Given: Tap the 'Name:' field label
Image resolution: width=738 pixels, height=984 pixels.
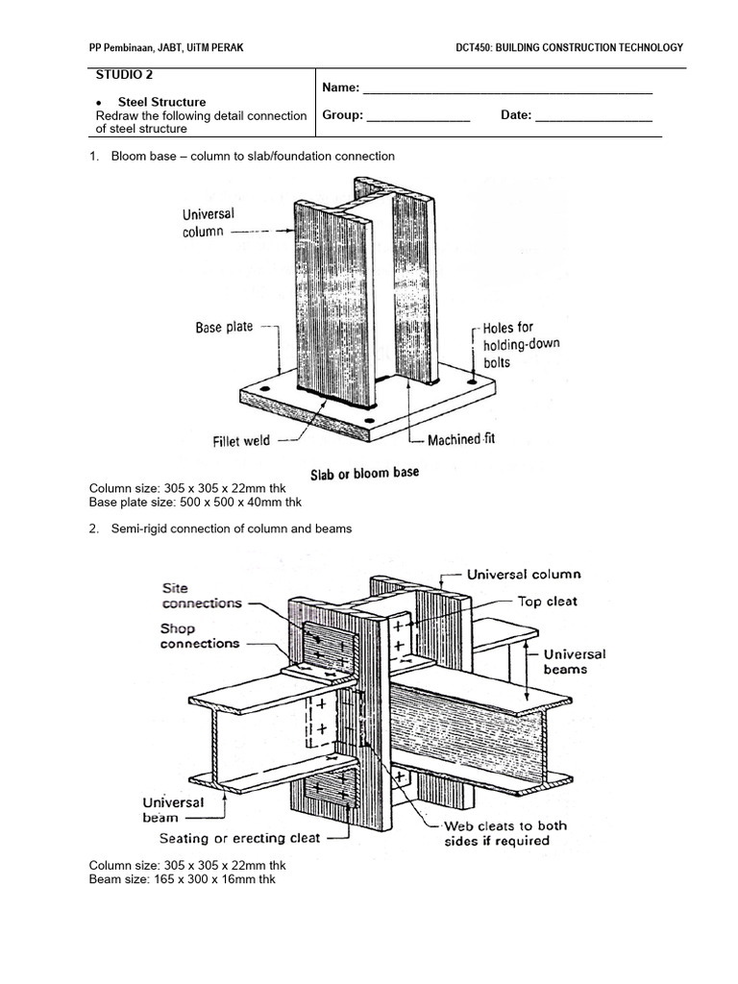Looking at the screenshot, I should [340, 87].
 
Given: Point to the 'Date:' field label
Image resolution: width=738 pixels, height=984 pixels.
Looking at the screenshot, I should [516, 115].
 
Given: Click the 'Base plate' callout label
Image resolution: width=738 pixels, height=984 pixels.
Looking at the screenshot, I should [224, 328].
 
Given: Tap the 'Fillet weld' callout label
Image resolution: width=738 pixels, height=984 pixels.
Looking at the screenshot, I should [241, 442].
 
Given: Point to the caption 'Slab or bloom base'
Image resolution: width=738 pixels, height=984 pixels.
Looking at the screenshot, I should [363, 474].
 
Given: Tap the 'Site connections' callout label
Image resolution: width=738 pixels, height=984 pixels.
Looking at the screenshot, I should [202, 596].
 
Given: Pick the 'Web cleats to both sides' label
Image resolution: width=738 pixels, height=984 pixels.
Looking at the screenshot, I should [504, 833].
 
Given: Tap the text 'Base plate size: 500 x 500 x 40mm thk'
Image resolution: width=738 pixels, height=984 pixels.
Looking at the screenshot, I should [195, 503].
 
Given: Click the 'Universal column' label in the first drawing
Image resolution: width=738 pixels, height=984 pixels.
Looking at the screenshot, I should [207, 223].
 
